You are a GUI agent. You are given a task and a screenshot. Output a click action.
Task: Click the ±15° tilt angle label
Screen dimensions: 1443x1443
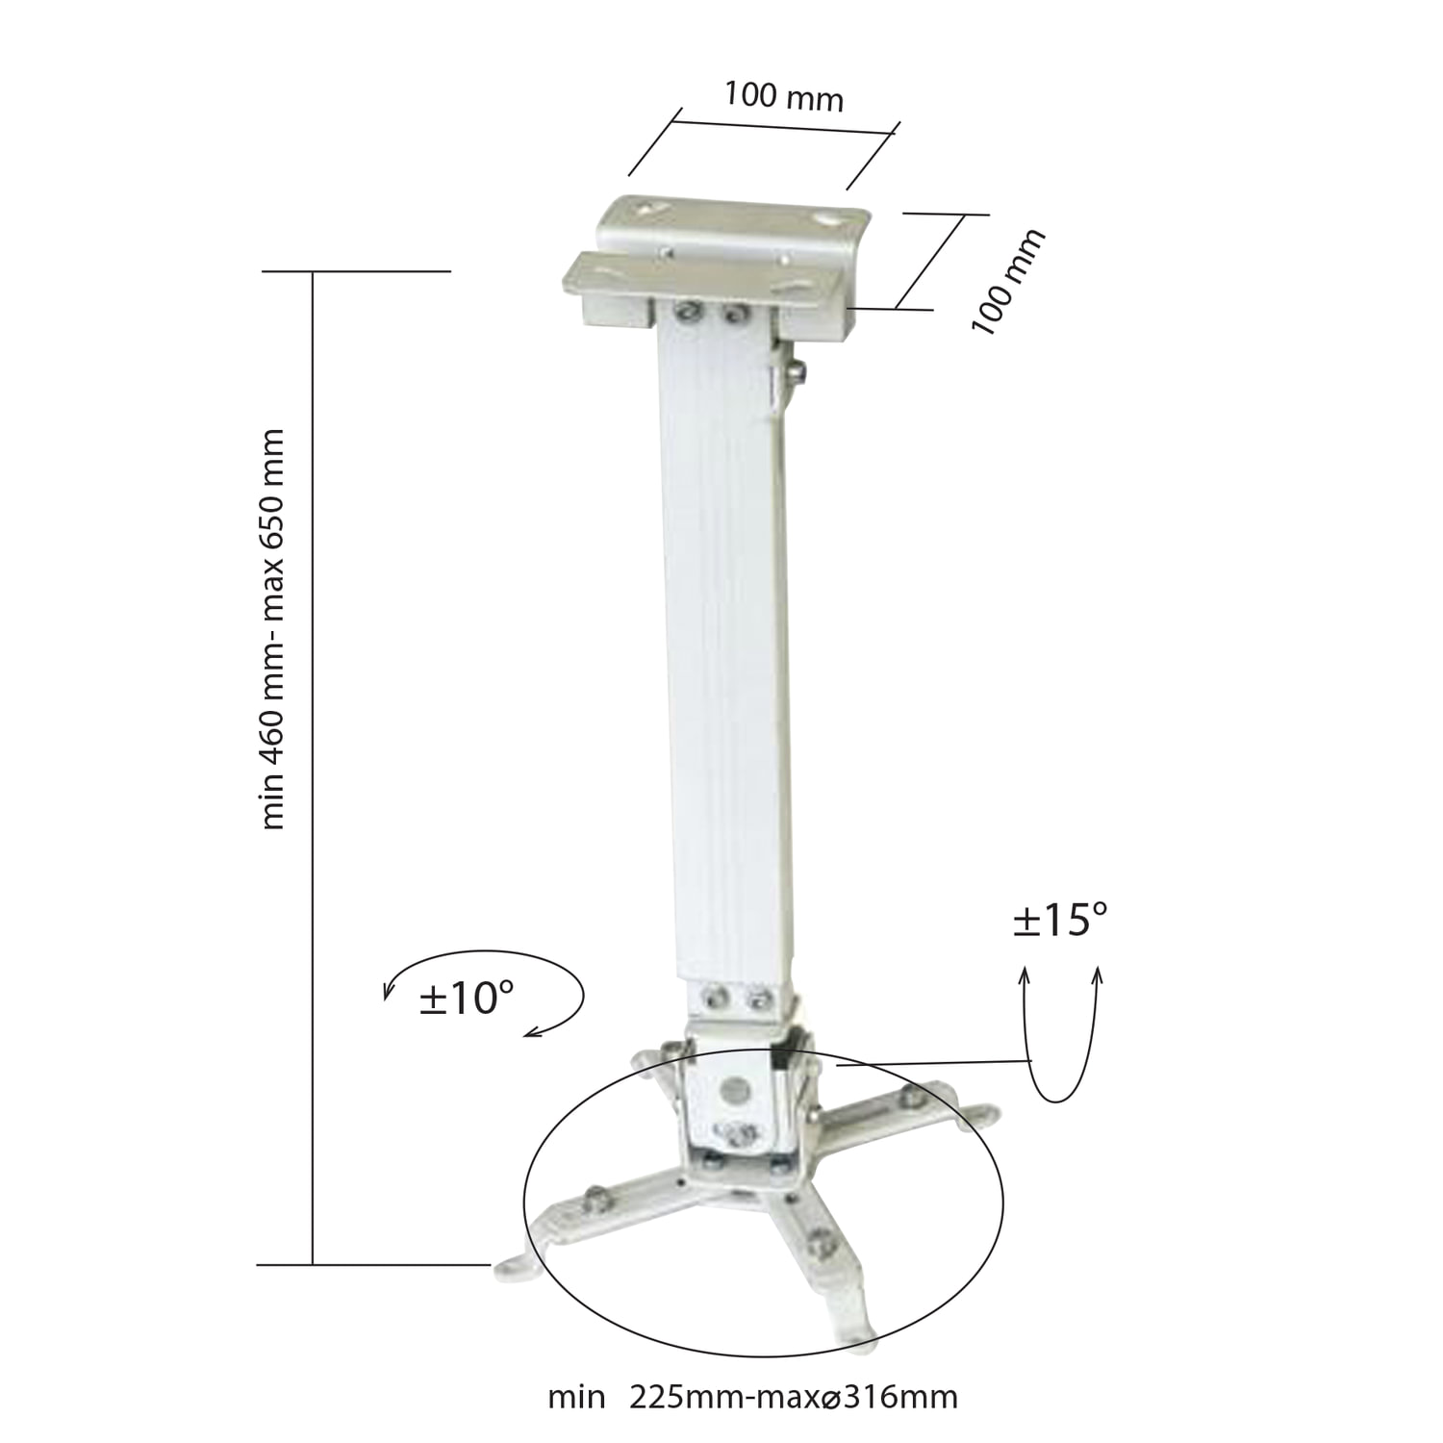click(1060, 921)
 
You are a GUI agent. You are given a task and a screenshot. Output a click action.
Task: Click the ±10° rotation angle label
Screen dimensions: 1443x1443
click(467, 999)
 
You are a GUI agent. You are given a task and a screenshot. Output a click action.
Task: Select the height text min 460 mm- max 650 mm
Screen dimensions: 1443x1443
click(273, 629)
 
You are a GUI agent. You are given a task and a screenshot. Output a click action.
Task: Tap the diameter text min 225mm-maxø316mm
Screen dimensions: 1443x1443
click(753, 1396)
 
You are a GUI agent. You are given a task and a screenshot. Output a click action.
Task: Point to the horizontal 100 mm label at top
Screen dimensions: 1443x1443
click(784, 96)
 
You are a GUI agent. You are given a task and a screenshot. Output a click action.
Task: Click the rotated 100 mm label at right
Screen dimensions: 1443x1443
click(1006, 282)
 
